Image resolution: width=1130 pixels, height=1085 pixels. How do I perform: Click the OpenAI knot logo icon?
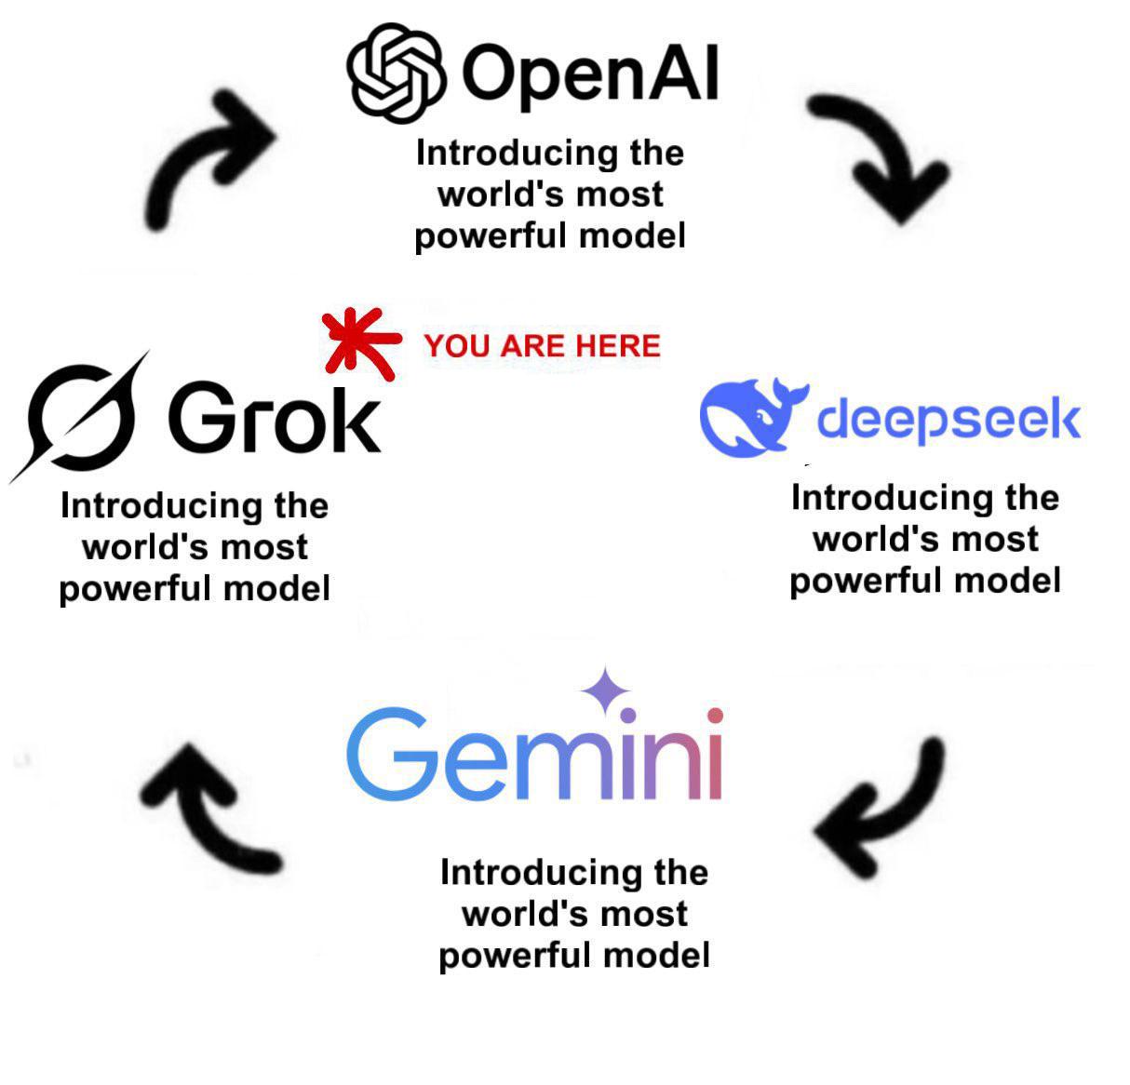click(397, 74)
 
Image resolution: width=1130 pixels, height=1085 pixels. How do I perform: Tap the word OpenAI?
click(590, 75)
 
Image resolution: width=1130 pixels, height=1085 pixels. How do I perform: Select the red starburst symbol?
click(360, 343)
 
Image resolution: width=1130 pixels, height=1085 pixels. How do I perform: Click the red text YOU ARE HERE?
click(542, 346)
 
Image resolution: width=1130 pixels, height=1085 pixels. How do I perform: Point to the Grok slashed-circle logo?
click(80, 417)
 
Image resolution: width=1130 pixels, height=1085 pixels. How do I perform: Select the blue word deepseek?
click(948, 420)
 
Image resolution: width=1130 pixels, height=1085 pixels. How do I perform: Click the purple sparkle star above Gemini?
click(606, 690)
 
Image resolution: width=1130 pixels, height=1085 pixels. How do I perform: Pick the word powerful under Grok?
click(137, 590)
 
